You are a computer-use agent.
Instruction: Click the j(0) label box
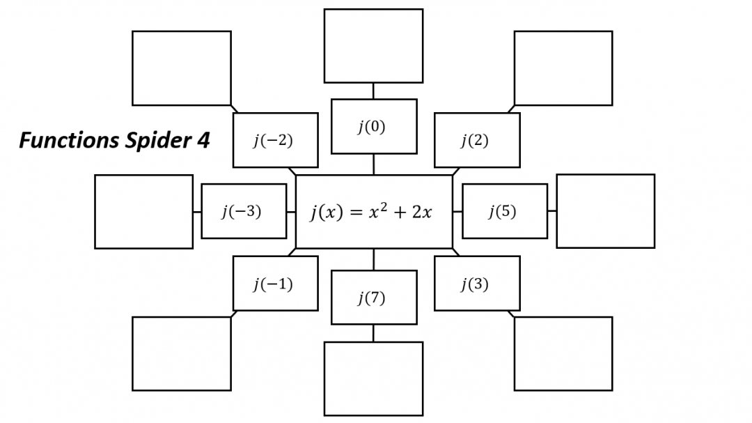point(374,126)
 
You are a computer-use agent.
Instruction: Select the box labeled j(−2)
point(275,140)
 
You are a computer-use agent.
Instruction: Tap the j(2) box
point(477,140)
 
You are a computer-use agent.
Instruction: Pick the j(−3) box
point(244,211)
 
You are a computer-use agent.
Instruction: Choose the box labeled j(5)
point(505,211)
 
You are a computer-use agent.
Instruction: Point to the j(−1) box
point(275,284)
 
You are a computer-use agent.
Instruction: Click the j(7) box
point(374,298)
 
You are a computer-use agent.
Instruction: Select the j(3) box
point(477,284)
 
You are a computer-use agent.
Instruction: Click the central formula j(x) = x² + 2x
point(374,212)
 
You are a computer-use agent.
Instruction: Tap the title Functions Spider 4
point(114,141)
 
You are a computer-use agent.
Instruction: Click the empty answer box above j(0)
point(373,46)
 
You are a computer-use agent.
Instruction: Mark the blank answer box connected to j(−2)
point(182,68)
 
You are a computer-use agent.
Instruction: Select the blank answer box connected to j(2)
point(563,68)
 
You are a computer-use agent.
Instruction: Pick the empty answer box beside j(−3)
point(143,212)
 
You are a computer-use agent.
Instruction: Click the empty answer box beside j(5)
point(606,211)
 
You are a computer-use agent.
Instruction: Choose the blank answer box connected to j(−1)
point(182,354)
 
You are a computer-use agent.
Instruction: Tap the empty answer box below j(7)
point(373,378)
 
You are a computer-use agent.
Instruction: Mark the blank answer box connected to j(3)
point(563,354)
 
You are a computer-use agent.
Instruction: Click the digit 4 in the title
point(202,141)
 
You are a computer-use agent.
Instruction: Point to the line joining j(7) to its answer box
point(373,333)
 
